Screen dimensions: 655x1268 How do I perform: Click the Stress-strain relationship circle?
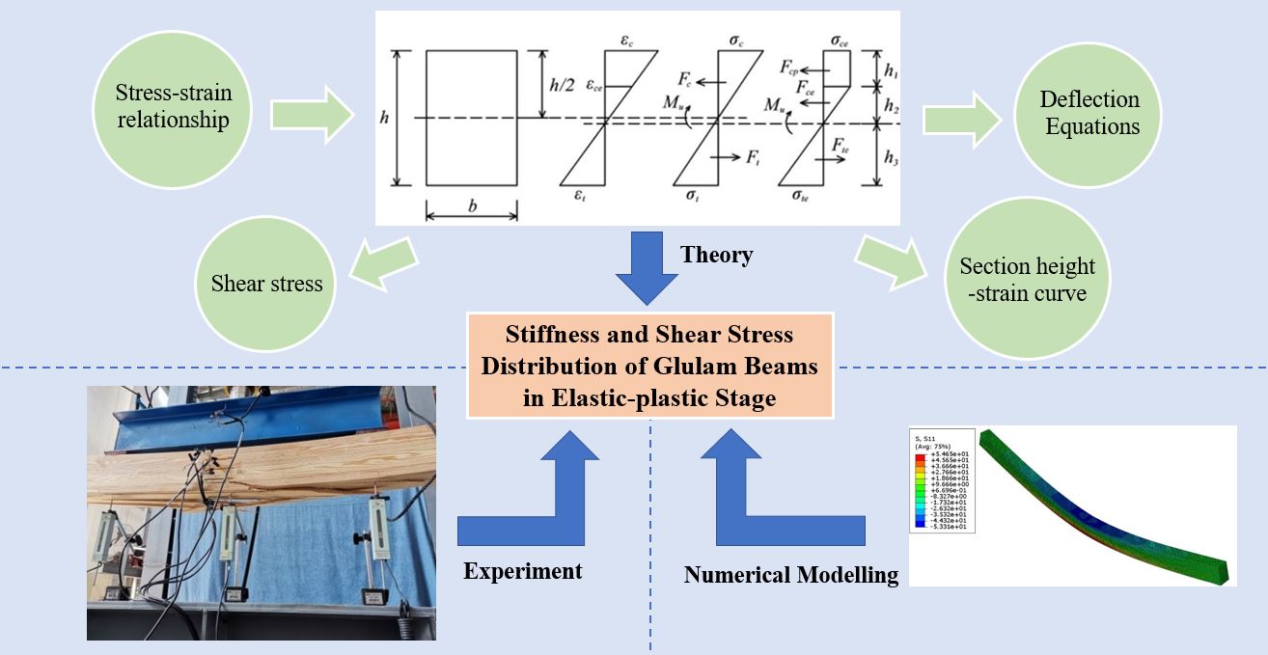(x=173, y=107)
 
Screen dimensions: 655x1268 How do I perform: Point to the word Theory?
(x=716, y=255)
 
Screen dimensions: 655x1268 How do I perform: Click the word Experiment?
(x=522, y=570)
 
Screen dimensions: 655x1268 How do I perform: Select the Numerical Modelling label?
(x=791, y=575)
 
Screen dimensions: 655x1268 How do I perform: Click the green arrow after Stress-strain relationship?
(x=310, y=115)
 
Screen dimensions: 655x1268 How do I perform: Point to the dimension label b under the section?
(x=471, y=204)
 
